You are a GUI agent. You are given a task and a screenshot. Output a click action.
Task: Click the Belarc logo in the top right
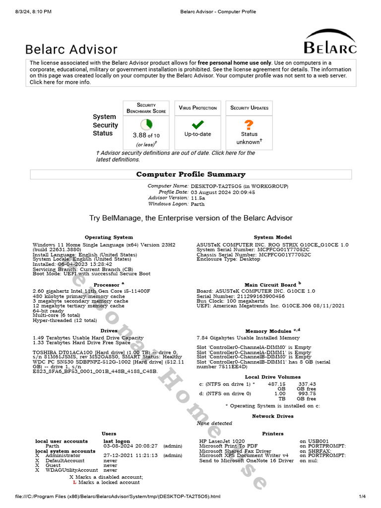tap(330, 42)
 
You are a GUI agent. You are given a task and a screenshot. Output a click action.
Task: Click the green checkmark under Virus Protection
tap(198, 125)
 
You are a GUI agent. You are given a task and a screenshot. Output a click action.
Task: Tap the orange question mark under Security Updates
tap(249, 125)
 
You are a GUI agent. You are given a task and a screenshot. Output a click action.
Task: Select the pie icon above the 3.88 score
tap(146, 125)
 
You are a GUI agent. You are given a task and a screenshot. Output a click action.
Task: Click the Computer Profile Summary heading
tap(190, 174)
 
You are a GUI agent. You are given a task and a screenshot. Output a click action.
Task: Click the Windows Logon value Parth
tap(197, 204)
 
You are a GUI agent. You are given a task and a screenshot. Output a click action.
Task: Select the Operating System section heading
tap(109, 237)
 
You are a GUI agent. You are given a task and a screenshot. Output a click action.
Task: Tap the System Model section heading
tap(272, 237)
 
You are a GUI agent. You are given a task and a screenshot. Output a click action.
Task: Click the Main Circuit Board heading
tap(270, 285)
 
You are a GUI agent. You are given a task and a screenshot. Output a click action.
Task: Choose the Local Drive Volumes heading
tap(272, 377)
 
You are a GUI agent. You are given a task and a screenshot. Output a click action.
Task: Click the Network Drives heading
tap(272, 416)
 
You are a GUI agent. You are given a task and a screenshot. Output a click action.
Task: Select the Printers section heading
tap(272, 434)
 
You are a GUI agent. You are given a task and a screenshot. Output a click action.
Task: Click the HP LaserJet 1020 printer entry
tap(222, 441)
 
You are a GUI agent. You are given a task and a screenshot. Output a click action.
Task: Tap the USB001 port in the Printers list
tap(314, 441)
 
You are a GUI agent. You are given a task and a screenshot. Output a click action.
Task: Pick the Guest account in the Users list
tap(54, 465)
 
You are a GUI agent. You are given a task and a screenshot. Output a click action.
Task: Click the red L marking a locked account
tap(74, 482)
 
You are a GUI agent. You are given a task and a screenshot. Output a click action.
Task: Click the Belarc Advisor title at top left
tap(71, 49)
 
